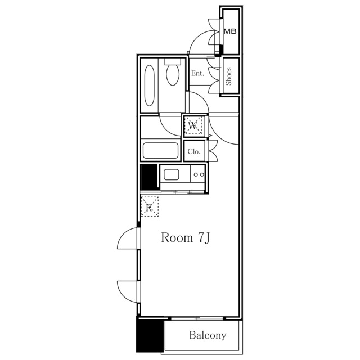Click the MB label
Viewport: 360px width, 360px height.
pos(230,31)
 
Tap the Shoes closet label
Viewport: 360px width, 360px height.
pos(229,76)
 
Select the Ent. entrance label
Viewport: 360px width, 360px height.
pos(197,74)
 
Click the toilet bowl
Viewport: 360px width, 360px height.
pos(173,75)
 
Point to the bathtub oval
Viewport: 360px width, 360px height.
pos(150,85)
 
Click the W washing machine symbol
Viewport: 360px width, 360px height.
pos(193,125)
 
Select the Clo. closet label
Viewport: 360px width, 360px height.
pos(194,151)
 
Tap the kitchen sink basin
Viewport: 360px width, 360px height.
pos(171,175)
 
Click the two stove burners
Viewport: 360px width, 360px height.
pos(199,174)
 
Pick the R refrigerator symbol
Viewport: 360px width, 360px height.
pos(150,206)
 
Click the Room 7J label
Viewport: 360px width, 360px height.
pos(185,237)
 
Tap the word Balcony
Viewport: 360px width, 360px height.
pos(208,335)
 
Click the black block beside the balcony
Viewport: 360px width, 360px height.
pos(150,334)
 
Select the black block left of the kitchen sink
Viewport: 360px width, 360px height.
pos(148,177)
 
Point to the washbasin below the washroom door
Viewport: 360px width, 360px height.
pos(160,151)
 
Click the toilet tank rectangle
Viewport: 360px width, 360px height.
pos(173,61)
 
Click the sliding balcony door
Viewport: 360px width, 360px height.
pos(197,318)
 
